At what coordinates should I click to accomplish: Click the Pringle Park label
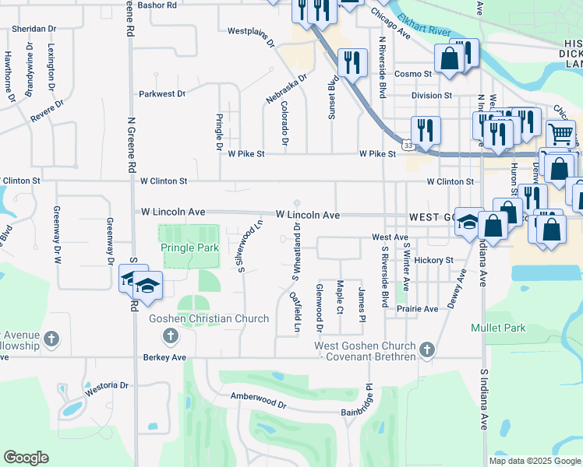point(189,248)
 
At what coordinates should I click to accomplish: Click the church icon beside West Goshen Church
point(426,351)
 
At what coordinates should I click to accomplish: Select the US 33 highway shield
point(408,145)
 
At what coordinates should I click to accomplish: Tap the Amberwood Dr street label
point(259,396)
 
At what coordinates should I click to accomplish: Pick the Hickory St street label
point(434,260)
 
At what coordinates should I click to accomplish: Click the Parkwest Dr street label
point(162,94)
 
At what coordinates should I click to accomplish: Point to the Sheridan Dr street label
point(34,28)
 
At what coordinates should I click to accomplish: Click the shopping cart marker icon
point(560,133)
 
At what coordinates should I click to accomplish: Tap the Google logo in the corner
point(26,458)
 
